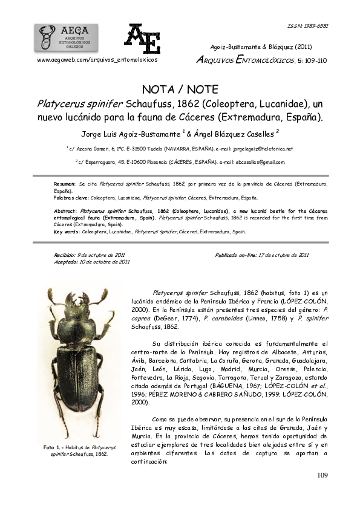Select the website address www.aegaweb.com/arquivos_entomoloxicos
(97, 60)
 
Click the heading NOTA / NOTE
(180, 89)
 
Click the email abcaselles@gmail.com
(254, 162)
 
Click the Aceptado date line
(92, 262)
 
